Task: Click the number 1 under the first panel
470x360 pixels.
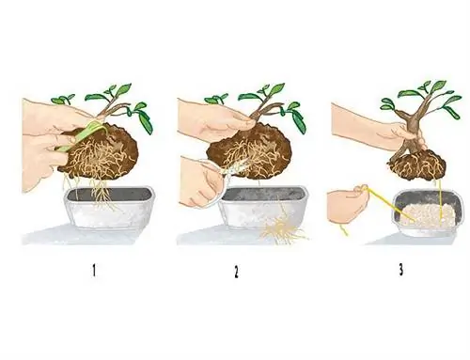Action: coord(94,271)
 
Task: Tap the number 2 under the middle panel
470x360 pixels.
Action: coord(236,272)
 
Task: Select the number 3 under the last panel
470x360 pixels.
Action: coord(400,270)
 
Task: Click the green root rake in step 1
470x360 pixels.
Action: coord(83,135)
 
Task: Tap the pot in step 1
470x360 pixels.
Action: coord(110,208)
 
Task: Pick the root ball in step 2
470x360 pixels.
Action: coord(249,152)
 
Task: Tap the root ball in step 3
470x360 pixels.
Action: coord(416,164)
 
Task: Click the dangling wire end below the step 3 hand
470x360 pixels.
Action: coord(344,229)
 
